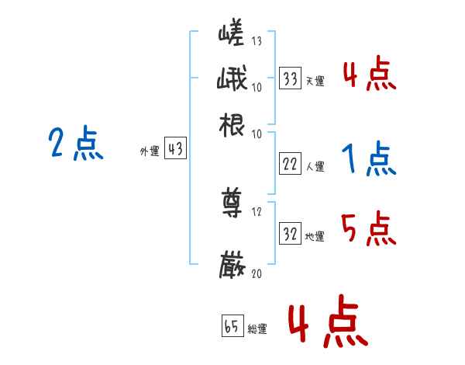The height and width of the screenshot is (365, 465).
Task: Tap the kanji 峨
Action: point(232,80)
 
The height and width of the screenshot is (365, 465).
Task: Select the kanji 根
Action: point(232,125)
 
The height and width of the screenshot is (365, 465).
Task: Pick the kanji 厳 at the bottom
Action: point(232,264)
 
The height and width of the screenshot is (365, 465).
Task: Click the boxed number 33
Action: point(290,78)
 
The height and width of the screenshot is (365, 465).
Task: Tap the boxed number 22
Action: point(290,165)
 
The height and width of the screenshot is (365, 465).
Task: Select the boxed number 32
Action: point(290,234)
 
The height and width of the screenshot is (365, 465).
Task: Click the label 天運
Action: point(315,81)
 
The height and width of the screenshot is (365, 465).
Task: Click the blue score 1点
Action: point(369,161)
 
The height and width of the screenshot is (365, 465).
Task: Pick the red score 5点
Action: point(369,230)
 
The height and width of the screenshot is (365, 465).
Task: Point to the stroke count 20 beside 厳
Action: point(257,273)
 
